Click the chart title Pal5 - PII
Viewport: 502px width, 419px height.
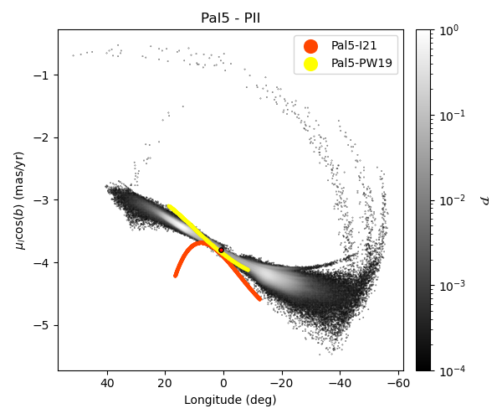(x=230, y=18)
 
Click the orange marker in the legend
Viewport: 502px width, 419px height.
(x=310, y=45)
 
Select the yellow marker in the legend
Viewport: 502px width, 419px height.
(x=310, y=63)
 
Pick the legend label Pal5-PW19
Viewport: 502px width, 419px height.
(x=362, y=63)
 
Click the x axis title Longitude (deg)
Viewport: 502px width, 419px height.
(x=230, y=400)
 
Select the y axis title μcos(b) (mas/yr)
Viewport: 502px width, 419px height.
(x=19, y=199)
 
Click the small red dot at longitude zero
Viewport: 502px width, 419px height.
(x=221, y=250)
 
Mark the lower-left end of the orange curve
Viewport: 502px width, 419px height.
(x=176, y=275)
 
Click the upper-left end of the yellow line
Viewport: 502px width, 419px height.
(x=168, y=206)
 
